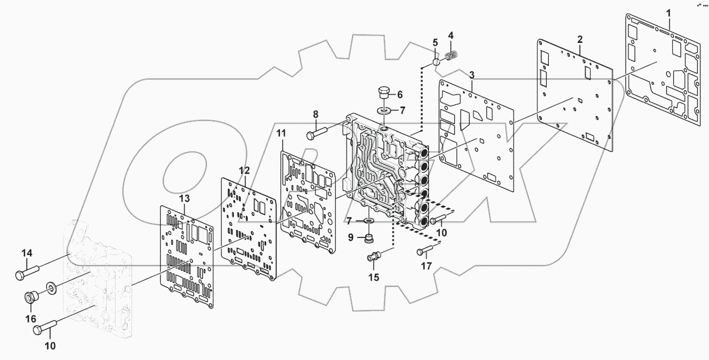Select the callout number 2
click(x=580, y=39)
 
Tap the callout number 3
click(x=471, y=74)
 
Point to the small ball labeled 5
click(x=435, y=62)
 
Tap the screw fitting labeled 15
click(x=374, y=258)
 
